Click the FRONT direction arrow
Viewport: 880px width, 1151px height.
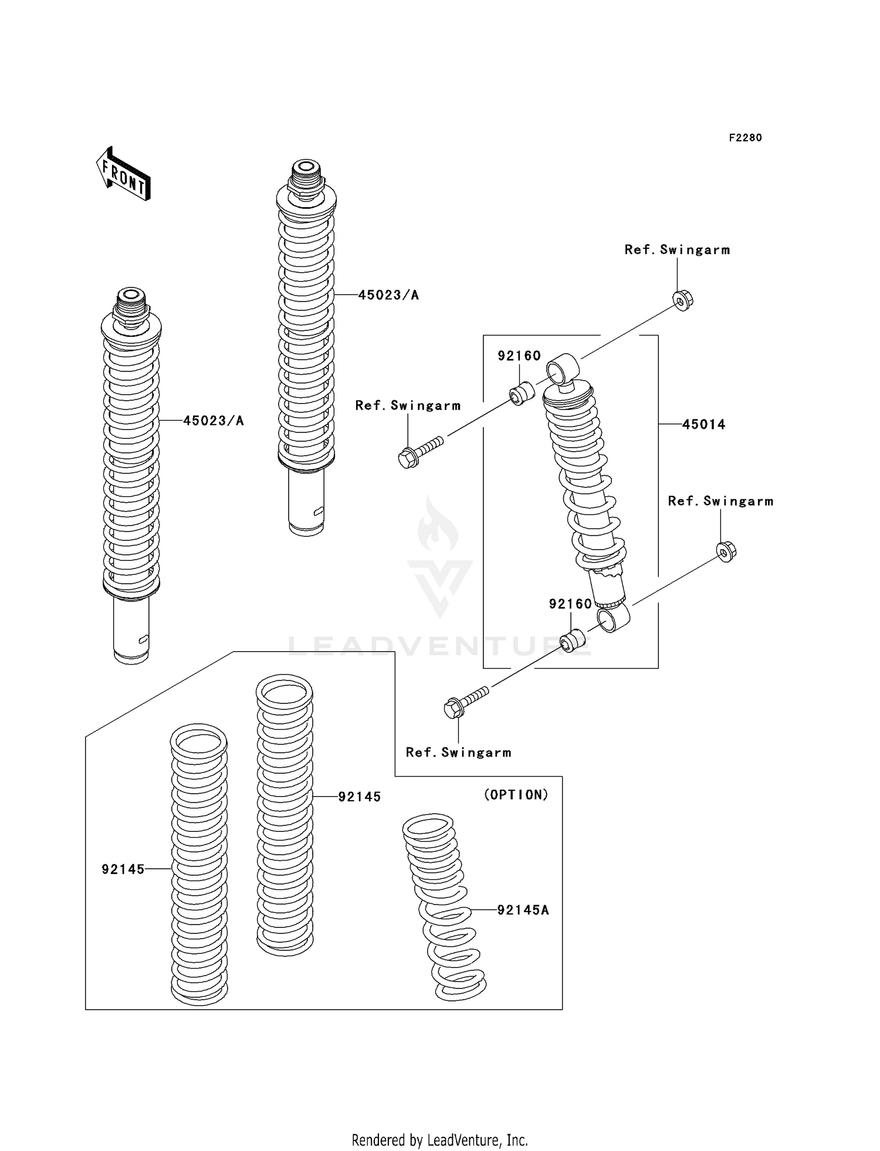click(123, 174)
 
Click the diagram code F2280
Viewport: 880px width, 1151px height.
click(745, 138)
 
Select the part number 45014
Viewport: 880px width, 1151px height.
click(703, 424)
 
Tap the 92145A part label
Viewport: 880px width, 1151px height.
click(523, 910)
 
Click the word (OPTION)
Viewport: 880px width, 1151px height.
click(516, 795)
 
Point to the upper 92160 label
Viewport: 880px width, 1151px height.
click(519, 356)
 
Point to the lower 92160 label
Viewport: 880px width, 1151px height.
click(570, 604)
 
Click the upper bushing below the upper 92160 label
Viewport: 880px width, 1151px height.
click(521, 393)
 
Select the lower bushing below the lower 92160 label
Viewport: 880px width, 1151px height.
click(572, 640)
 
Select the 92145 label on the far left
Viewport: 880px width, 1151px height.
click(123, 869)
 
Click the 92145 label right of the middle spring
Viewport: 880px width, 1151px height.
click(359, 797)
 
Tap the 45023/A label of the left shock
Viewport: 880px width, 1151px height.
click(213, 421)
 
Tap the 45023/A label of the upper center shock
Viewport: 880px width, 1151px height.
click(388, 295)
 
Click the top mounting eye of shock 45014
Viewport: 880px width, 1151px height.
click(563, 368)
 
